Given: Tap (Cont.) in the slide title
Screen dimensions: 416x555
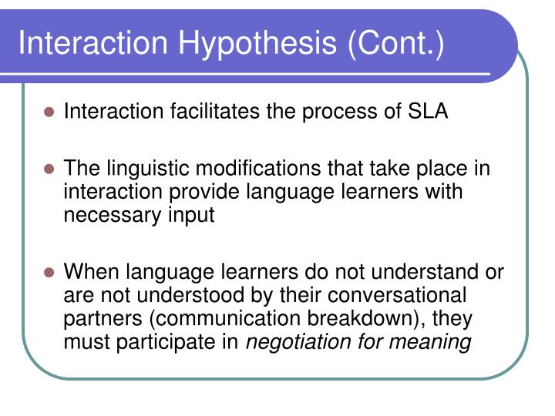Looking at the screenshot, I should (395, 43).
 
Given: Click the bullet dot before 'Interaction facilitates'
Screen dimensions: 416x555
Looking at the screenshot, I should (50, 112).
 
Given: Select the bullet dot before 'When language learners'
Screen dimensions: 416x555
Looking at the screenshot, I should (50, 273).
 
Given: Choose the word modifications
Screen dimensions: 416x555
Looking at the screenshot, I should (259, 169).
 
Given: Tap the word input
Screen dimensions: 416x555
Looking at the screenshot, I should (191, 215).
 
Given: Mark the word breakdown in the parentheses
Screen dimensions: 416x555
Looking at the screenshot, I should (351, 318).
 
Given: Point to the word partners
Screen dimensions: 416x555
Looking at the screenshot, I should (96, 318).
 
